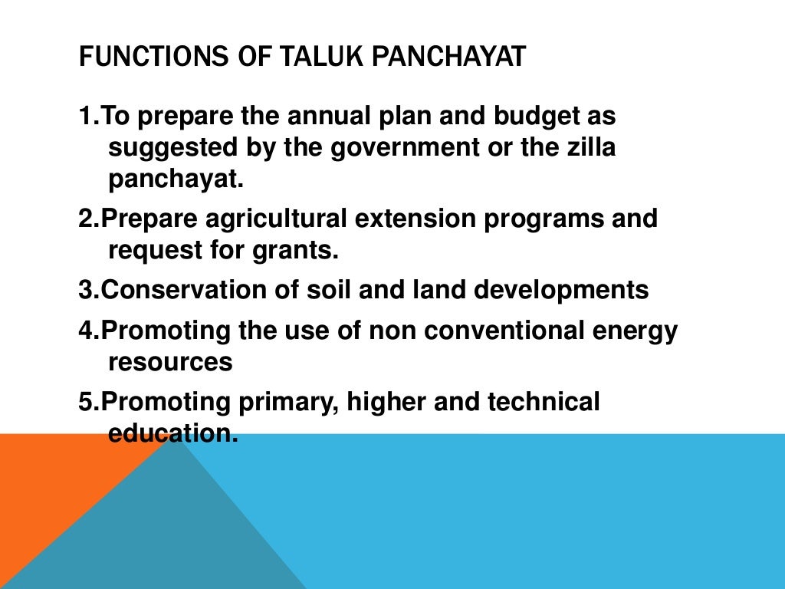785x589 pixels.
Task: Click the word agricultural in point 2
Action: (277, 219)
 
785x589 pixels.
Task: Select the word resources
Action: (170, 363)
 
